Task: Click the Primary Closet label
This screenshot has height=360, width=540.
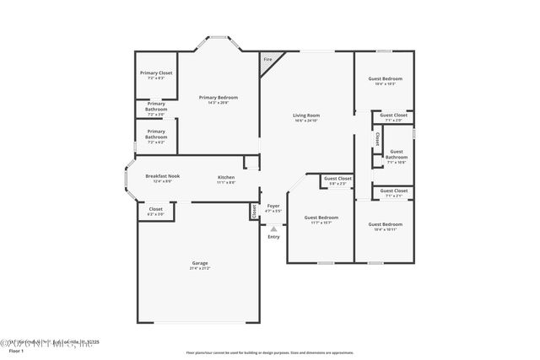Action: click(x=155, y=73)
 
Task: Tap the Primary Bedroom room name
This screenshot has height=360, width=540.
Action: click(x=219, y=98)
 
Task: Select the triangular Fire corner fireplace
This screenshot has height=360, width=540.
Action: click(x=268, y=60)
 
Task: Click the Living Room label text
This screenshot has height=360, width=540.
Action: click(x=306, y=116)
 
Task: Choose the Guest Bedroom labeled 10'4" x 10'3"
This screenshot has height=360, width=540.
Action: click(x=386, y=79)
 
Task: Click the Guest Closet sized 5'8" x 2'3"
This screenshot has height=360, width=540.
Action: click(x=337, y=179)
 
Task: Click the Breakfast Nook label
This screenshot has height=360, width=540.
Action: click(x=151, y=176)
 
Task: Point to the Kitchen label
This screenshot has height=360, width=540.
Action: click(x=225, y=176)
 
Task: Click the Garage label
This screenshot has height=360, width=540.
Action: click(x=199, y=264)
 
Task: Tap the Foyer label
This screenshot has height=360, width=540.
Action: click(x=273, y=206)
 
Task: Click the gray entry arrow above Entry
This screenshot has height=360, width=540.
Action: click(x=273, y=228)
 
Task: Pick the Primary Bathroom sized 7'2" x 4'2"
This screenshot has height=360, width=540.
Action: click(x=156, y=135)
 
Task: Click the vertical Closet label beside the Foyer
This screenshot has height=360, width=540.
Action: click(x=253, y=211)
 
